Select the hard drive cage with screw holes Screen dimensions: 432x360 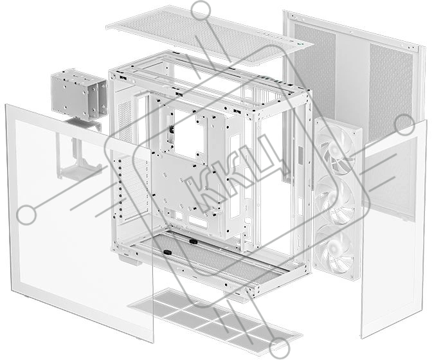point(79,94)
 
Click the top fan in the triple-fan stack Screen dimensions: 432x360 point(338,152)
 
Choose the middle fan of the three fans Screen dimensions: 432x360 point(337,200)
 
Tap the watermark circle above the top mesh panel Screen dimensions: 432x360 point(201,10)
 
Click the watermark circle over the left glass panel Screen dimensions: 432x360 point(26,215)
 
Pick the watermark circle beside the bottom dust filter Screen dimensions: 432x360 point(280,348)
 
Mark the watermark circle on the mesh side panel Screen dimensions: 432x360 point(405,125)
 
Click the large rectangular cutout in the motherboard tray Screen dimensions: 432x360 point(190,136)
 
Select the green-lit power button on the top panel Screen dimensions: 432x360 point(302,44)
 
